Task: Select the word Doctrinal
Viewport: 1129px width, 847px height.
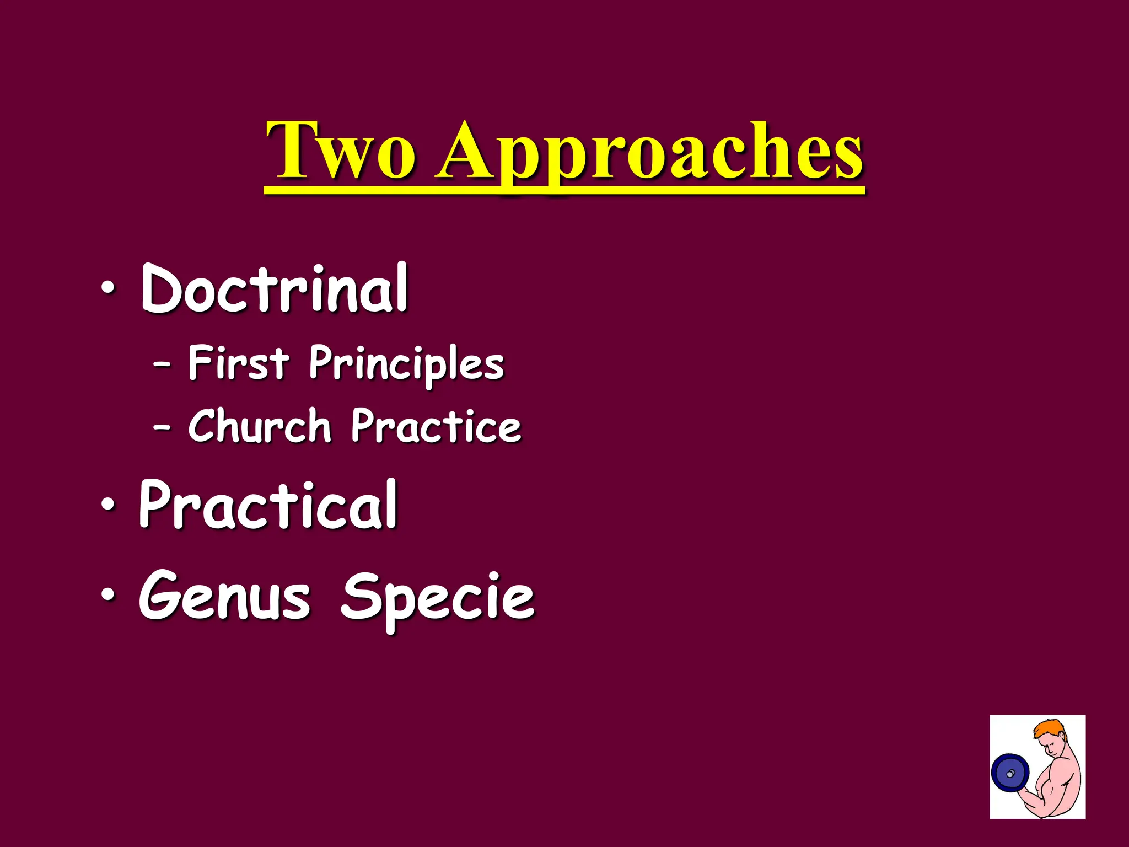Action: point(274,288)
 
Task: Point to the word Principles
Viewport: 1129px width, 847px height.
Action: point(406,364)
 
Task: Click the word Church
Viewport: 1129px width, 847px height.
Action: point(259,426)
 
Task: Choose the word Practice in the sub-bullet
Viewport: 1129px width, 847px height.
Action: point(436,426)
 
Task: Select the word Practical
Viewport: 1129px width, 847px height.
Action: point(268,504)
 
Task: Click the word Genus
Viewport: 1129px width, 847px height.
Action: point(225,597)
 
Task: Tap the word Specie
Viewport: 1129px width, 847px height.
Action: point(438,599)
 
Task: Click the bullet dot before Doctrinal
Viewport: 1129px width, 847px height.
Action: point(108,288)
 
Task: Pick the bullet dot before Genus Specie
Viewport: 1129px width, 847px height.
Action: point(108,596)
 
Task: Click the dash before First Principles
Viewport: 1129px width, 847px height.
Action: point(162,364)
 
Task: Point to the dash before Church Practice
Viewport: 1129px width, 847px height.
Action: point(162,427)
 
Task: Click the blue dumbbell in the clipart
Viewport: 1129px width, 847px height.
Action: point(1010,774)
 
